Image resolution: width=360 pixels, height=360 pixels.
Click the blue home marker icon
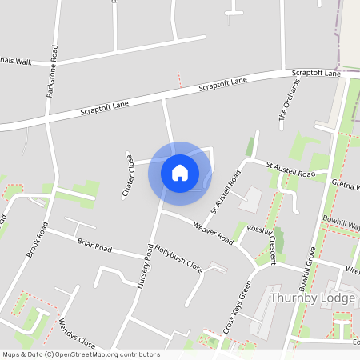[180, 172]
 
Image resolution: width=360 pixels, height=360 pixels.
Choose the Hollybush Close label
[178, 259]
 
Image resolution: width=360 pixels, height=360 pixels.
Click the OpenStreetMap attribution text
[81, 354]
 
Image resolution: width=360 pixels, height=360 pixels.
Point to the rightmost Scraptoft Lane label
[317, 73]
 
